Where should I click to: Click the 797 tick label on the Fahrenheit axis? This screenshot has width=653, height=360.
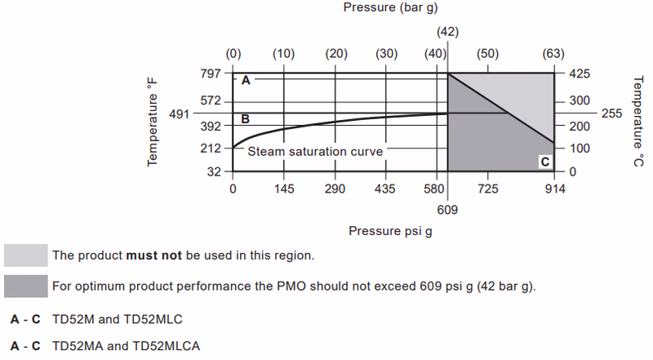point(211,73)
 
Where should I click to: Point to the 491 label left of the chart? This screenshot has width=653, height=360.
point(179,113)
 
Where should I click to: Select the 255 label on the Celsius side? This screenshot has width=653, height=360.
point(611,113)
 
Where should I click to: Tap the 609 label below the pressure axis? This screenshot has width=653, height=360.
point(447,210)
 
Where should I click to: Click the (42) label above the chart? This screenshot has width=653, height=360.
point(447,32)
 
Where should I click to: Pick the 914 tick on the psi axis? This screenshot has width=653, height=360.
point(554,189)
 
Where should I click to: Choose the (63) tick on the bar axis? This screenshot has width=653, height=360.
point(553,54)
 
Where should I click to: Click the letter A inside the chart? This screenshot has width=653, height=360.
point(244,80)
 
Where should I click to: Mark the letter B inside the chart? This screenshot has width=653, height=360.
point(244,119)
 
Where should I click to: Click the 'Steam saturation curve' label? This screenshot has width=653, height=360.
point(315,151)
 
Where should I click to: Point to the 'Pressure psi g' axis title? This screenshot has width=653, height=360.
point(390,230)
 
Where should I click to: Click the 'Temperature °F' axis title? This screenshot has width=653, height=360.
point(152,122)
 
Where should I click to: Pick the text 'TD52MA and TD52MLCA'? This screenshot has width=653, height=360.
point(126,346)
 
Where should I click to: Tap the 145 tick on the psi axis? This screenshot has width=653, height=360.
point(284,189)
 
